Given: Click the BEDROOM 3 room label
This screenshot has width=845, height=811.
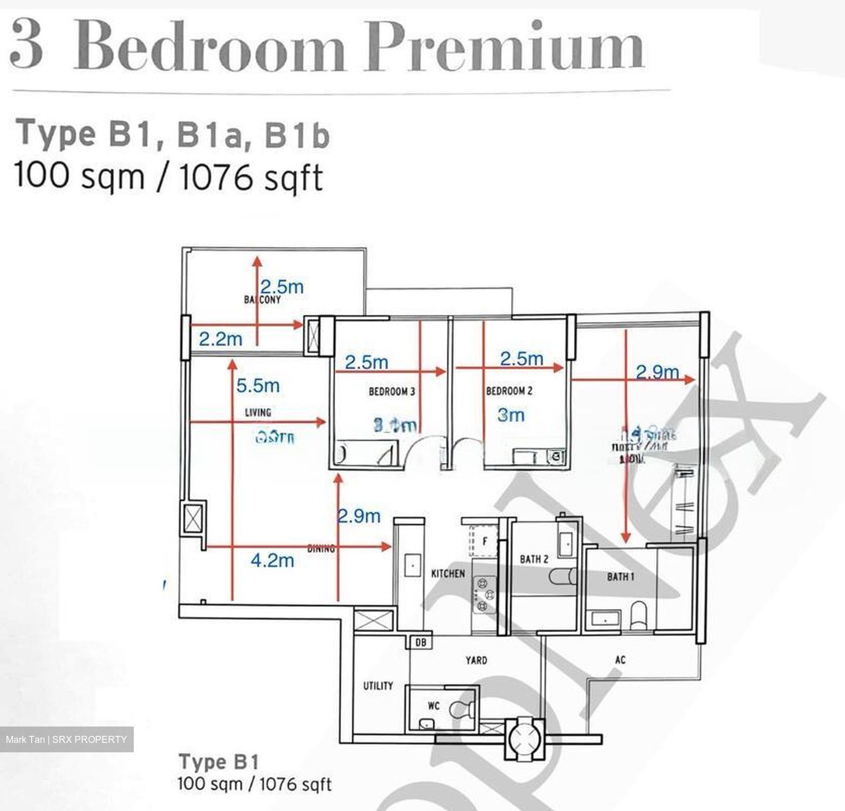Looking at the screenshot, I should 391,391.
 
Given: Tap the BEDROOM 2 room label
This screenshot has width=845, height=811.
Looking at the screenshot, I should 509,391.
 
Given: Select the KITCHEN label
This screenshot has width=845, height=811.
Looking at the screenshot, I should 448,573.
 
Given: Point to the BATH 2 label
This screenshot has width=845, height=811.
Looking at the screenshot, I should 534,559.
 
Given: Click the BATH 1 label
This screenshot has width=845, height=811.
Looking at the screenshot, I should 620,577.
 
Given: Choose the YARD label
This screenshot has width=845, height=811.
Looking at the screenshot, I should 476,660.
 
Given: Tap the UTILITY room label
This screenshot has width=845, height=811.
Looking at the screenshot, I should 378,685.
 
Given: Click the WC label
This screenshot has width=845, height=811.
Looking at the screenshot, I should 433,707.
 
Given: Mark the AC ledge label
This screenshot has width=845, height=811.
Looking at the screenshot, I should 620,660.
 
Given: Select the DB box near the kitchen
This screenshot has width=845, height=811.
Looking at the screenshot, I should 421,643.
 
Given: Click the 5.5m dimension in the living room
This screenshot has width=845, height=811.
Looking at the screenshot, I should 258,386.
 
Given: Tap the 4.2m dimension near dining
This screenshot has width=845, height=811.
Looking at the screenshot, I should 272,560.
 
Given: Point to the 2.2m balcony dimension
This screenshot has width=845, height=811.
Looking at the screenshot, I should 221,339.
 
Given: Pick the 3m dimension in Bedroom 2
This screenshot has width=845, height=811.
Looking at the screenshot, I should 511,415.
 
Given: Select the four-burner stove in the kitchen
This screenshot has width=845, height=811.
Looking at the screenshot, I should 485,594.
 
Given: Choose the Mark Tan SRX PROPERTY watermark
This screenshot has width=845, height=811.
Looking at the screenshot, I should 66,739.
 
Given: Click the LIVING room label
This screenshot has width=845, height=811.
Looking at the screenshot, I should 258,413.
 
